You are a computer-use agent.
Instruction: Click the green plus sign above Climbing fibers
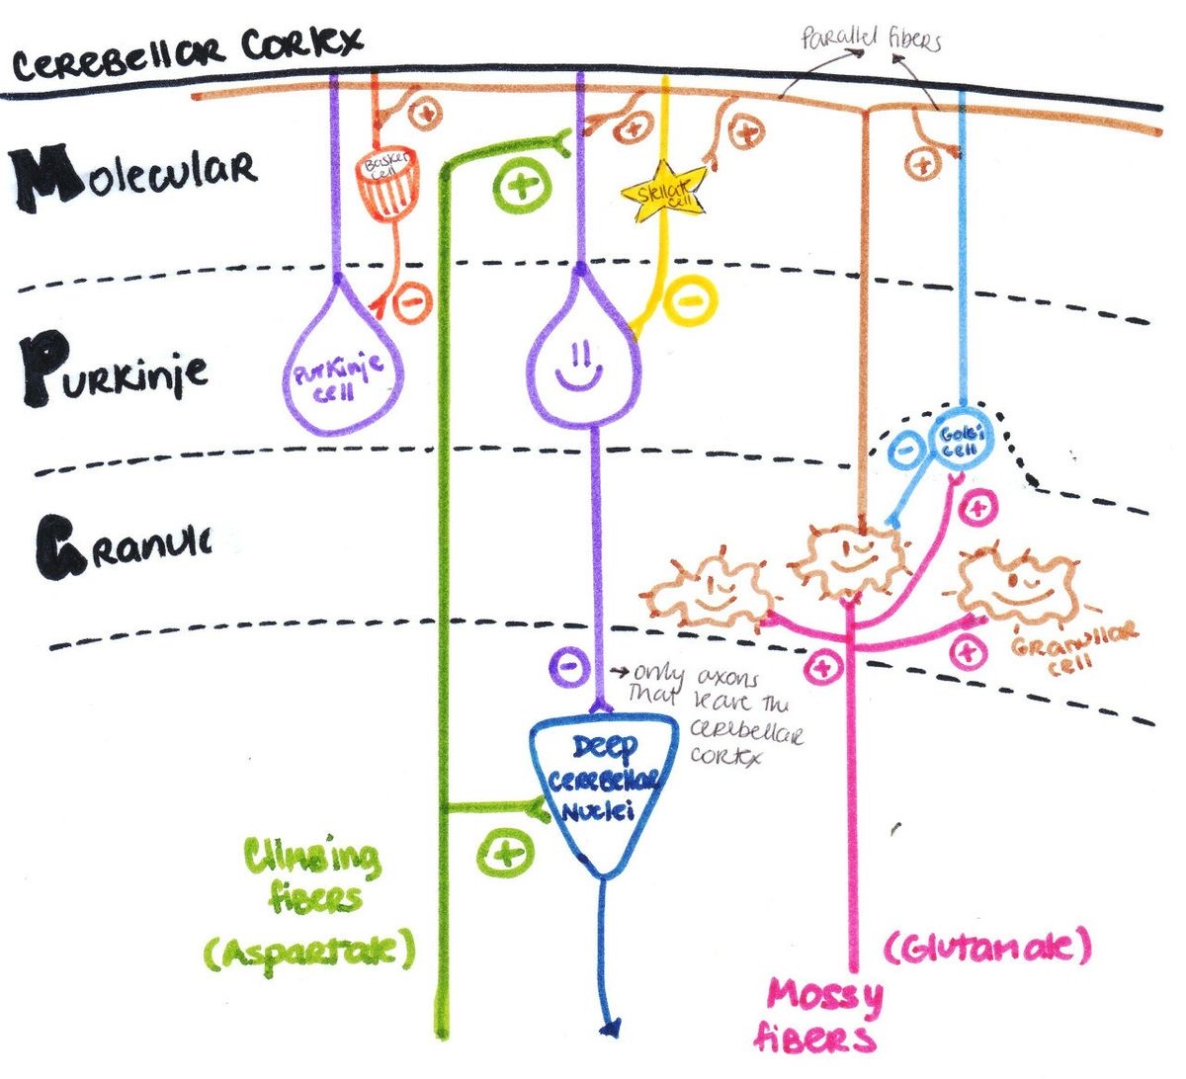505,853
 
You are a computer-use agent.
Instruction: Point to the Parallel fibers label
870,41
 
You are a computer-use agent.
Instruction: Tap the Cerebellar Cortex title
188,54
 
